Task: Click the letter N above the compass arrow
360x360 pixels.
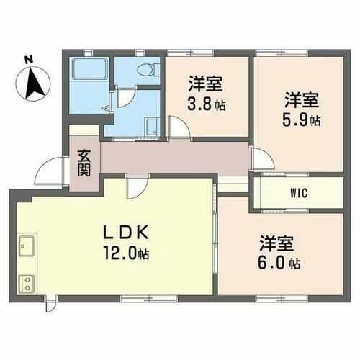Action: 28,59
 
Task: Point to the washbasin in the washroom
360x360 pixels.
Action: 152,127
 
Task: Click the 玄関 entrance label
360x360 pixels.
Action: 83,165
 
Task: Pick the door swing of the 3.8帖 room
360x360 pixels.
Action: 179,127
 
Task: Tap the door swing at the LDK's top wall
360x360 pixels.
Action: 134,188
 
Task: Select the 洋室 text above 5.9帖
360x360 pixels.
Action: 296,98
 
